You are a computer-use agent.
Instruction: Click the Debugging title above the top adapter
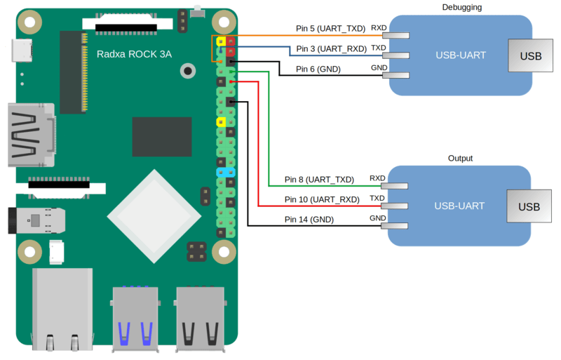(462, 7)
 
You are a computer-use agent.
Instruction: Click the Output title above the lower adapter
(460, 158)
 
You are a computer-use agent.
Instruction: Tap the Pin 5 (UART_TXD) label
(330, 29)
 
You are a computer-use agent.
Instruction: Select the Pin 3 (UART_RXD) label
(330, 48)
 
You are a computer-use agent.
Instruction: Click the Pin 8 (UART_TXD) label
(319, 180)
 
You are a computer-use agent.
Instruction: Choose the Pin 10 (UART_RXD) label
(321, 199)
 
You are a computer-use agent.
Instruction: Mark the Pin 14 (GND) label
(309, 220)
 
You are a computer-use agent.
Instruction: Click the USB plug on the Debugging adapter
(529, 56)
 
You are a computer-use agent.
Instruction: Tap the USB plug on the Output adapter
(529, 206)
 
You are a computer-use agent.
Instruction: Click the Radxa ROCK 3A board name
(134, 54)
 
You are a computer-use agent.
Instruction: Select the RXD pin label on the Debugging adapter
(379, 28)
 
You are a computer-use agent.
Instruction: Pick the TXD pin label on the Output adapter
(377, 199)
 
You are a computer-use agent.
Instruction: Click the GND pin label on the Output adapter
(377, 218)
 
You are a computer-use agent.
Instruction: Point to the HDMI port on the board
(29, 136)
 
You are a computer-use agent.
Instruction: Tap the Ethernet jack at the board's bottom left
(61, 309)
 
